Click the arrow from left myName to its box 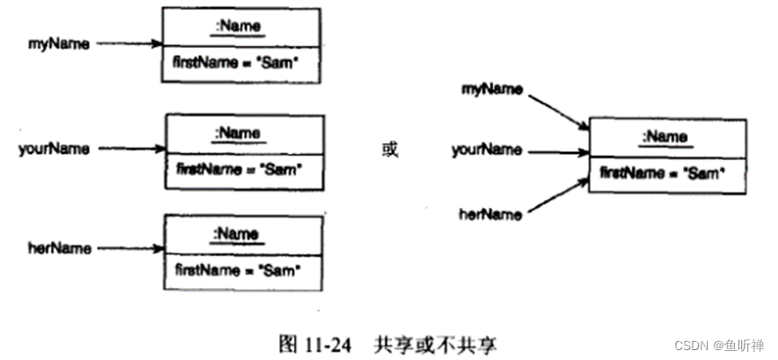129,43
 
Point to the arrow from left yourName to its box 129,148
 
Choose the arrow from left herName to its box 129,247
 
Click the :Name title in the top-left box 239,27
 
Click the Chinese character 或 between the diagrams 389,149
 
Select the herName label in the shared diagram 491,214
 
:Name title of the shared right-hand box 665,137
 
